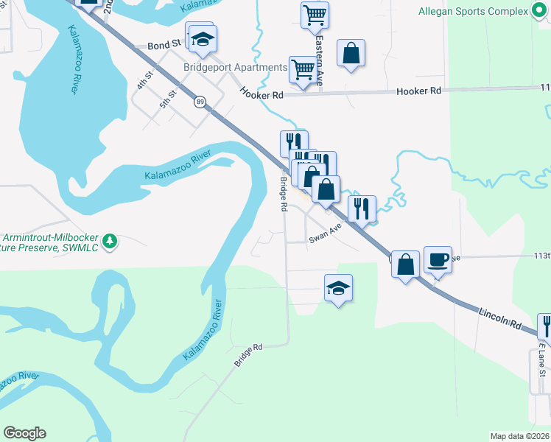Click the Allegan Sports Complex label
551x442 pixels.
tap(473, 12)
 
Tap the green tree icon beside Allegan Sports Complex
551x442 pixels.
tap(540, 12)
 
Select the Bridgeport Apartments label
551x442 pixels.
tap(235, 68)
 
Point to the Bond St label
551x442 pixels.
tap(164, 44)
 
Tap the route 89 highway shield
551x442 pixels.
tap(200, 102)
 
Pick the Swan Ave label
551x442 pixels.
tap(326, 234)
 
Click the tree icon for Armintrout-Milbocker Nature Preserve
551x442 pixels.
tap(110, 241)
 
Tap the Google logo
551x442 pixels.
tap(24, 433)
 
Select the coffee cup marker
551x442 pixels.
tap(438, 259)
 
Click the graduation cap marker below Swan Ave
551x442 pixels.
tap(338, 288)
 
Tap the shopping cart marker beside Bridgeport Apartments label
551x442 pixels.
tap(303, 70)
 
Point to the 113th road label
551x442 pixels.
tap(541, 255)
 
